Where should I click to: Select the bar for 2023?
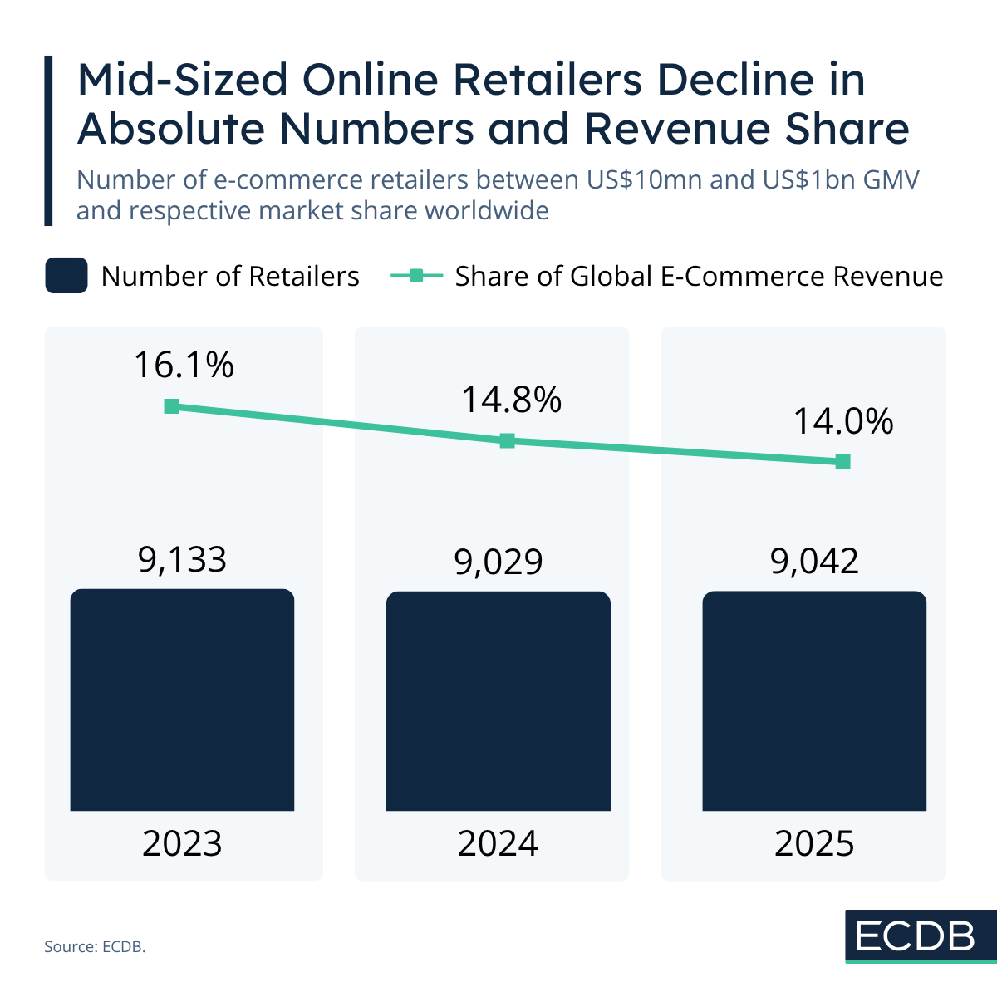click(182, 700)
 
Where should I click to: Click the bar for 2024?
click(498, 701)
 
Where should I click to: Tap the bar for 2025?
click(814, 701)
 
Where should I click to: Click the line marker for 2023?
click(172, 406)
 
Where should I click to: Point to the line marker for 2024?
click(508, 441)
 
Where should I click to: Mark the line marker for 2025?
click(843, 462)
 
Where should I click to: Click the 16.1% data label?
click(184, 365)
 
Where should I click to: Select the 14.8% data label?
click(511, 400)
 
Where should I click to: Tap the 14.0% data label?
click(842, 421)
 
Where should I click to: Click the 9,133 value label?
click(182, 560)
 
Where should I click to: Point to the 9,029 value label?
click(498, 562)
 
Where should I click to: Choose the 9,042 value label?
click(814, 562)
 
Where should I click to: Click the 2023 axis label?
click(182, 844)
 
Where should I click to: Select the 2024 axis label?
click(498, 844)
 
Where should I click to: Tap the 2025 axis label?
click(814, 844)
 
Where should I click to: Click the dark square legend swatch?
click(66, 276)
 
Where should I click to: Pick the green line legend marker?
click(416, 276)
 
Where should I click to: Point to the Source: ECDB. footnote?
click(95, 946)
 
